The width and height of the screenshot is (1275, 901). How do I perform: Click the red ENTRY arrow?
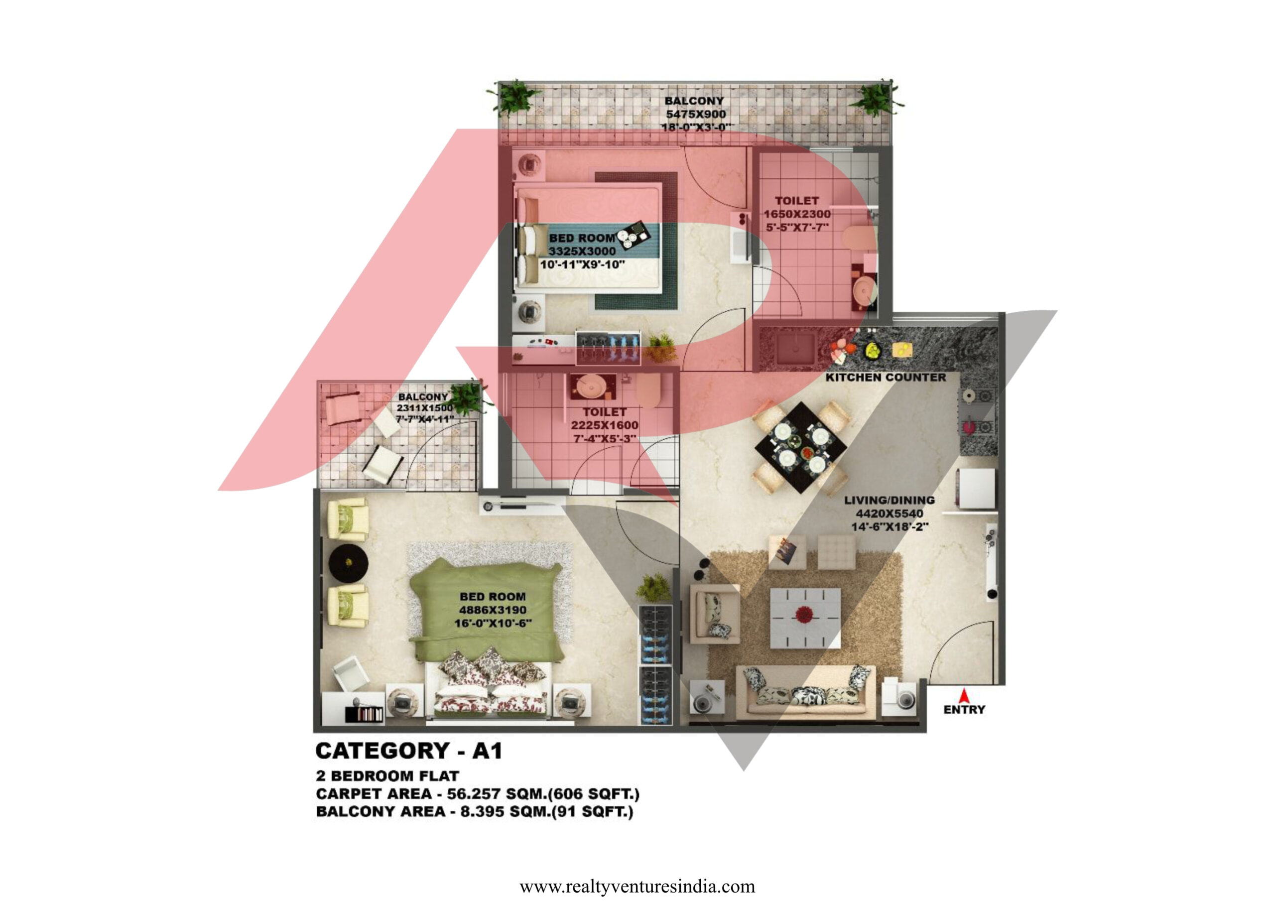[964, 695]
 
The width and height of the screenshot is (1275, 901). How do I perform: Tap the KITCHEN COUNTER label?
[885, 378]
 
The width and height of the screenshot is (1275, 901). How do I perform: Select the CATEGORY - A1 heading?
[409, 751]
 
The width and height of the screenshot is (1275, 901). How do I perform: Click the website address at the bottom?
[637, 886]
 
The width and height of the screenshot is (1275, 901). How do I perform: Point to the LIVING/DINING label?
[889, 500]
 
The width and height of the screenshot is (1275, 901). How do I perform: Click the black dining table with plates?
[801, 448]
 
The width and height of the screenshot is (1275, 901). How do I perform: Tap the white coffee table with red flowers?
[805, 618]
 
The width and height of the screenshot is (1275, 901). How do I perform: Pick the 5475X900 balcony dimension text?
[695, 114]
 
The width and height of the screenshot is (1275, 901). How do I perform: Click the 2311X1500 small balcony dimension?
[424, 408]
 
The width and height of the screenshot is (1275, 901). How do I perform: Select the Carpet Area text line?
[478, 794]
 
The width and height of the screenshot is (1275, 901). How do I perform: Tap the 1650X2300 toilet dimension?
[797, 214]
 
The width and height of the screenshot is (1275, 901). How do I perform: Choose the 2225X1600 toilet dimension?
[604, 425]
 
